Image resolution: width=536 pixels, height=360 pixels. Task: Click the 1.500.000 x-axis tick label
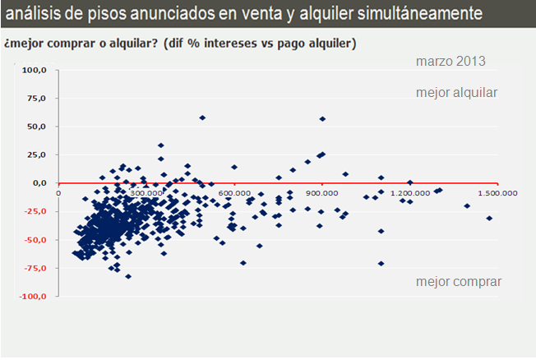(x=498, y=193)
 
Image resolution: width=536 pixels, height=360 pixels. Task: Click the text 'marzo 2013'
(x=451, y=62)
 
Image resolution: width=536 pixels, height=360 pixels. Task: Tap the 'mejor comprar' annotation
(x=458, y=282)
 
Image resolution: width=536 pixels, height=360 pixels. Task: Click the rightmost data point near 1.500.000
(x=489, y=218)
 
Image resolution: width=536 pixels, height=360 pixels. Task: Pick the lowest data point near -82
(x=128, y=276)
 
